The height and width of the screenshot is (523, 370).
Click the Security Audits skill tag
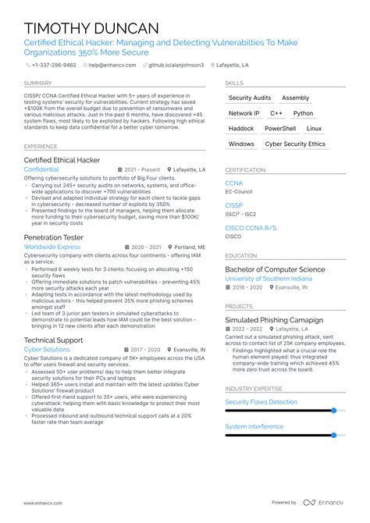click(250, 98)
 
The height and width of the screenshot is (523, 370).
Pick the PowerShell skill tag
click(280, 129)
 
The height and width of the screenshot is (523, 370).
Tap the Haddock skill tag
click(241, 129)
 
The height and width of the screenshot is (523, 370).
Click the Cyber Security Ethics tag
click(295, 144)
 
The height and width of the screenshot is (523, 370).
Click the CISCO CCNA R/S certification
click(249, 227)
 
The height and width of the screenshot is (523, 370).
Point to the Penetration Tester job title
click(54, 237)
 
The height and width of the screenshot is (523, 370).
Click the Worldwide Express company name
click(52, 247)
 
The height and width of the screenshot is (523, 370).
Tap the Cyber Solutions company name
click(46, 350)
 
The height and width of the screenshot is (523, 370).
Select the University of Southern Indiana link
click(268, 279)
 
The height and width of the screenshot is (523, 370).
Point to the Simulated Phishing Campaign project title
click(274, 320)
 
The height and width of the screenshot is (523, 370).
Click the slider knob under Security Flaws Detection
click(333, 410)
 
